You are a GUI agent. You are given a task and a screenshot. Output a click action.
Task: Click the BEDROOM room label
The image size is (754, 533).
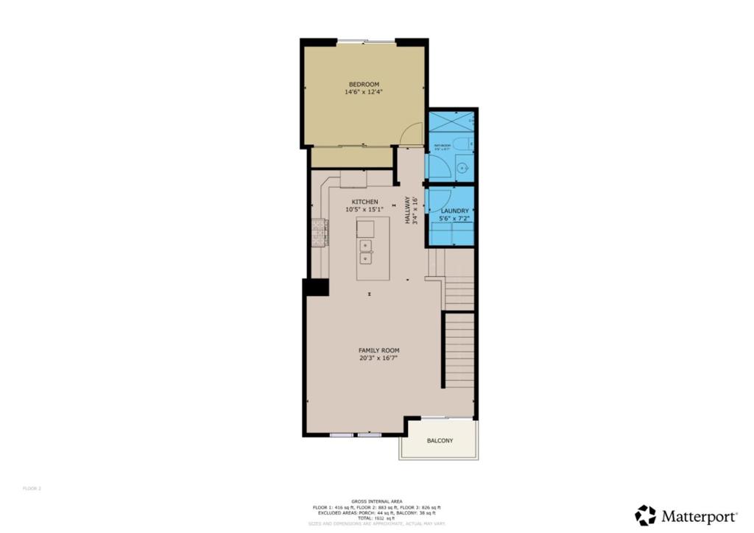[364, 85]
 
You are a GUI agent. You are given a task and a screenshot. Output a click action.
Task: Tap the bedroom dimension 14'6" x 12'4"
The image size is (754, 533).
[364, 93]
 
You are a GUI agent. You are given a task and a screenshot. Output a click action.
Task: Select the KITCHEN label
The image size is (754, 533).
[364, 202]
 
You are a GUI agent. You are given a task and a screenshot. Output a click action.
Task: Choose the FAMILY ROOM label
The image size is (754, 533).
[378, 350]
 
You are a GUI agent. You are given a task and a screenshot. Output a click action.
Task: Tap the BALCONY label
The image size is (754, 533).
[440, 441]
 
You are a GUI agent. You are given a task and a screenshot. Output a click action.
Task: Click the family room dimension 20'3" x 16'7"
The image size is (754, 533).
[378, 359]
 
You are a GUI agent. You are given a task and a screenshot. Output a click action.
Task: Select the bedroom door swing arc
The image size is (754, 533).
[413, 133]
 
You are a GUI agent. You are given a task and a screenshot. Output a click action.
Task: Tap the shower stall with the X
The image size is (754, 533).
[451, 121]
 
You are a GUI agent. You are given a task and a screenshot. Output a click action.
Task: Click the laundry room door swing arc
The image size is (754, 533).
[440, 200]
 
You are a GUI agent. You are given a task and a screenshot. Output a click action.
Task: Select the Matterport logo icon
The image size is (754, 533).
[646, 515]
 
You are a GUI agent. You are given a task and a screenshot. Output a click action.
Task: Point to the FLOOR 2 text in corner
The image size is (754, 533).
[32, 488]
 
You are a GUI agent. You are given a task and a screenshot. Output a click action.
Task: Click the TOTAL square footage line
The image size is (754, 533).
[376, 518]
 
